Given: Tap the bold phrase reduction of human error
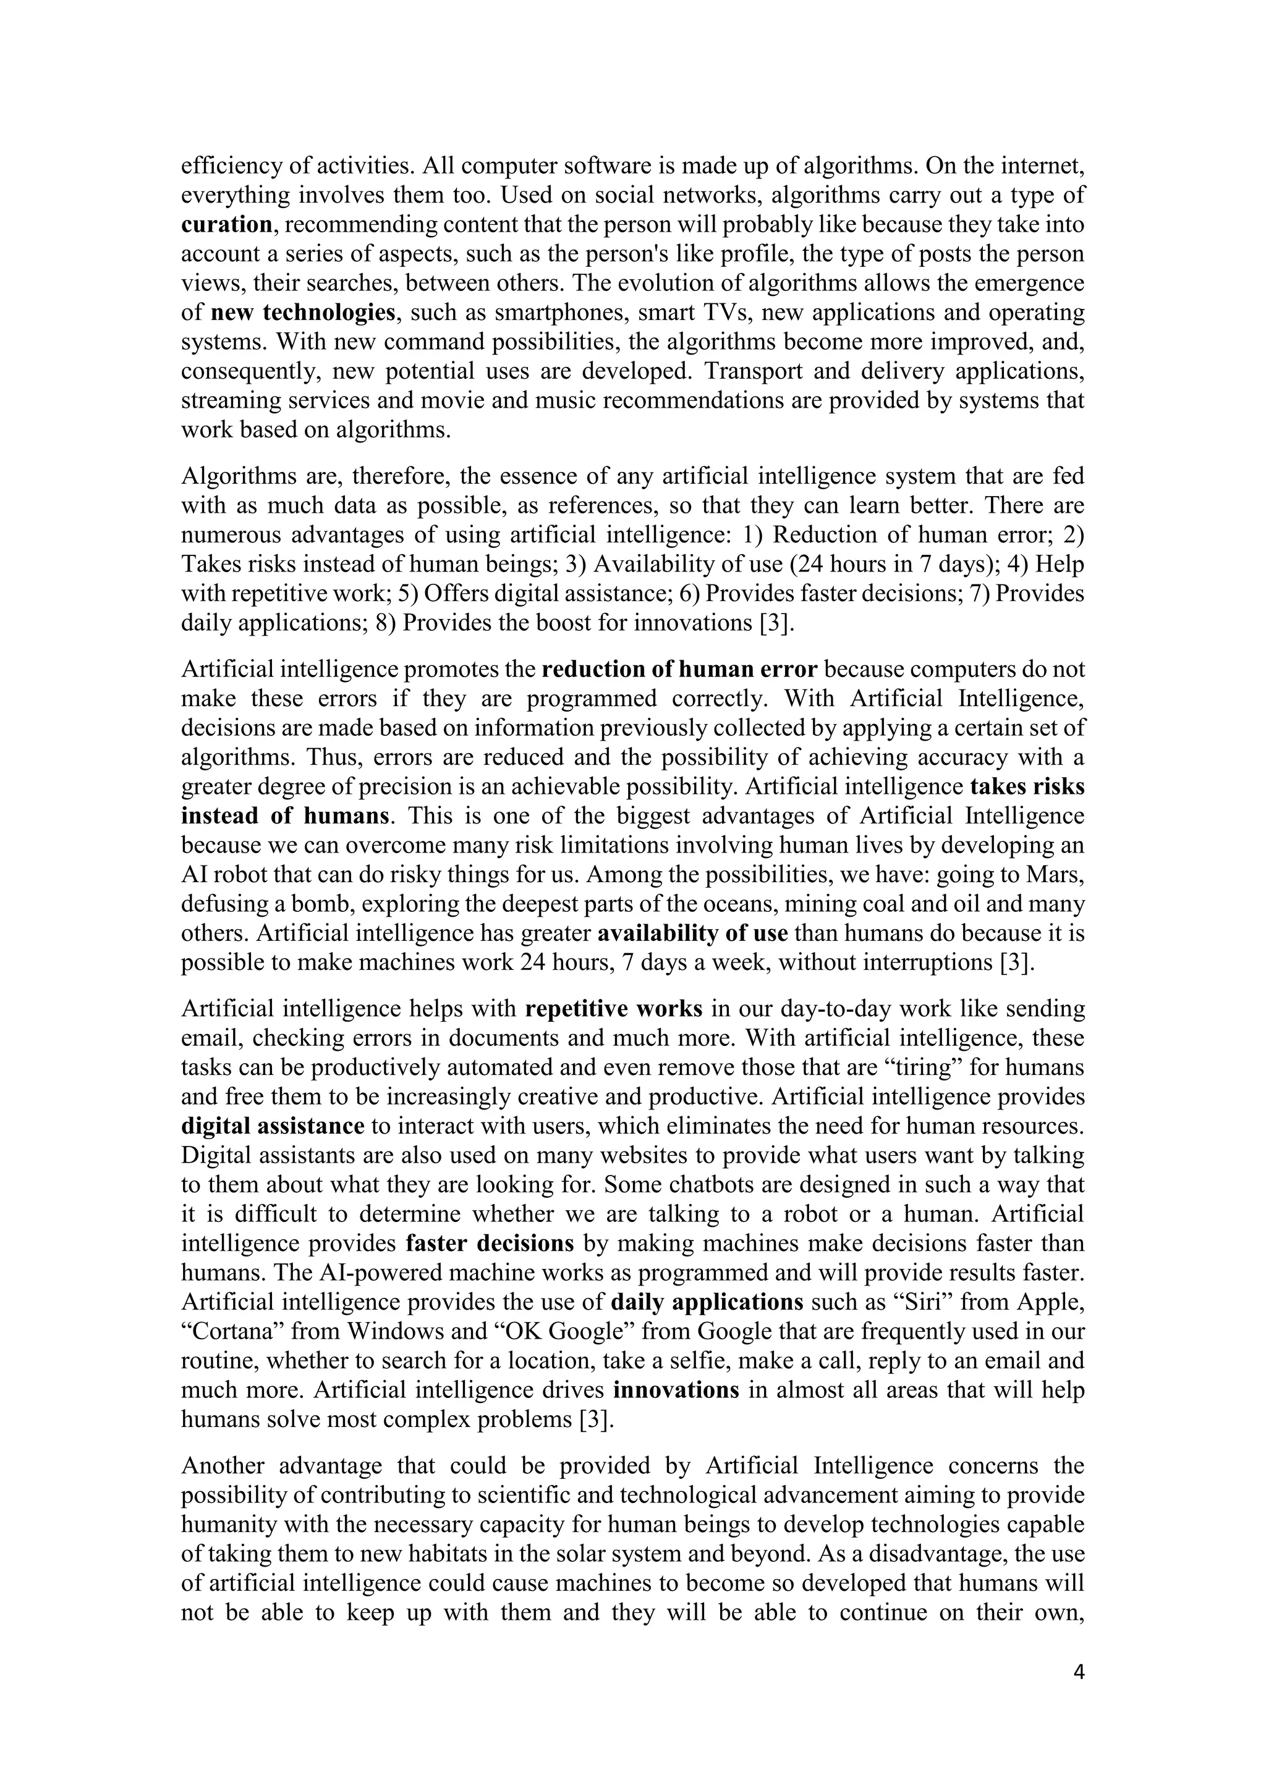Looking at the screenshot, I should [x=679, y=669].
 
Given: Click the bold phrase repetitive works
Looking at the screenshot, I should [x=613, y=1008].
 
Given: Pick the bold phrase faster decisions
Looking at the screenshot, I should [x=490, y=1243].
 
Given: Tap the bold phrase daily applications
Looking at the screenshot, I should [x=707, y=1302].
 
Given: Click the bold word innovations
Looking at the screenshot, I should [x=676, y=1390].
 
